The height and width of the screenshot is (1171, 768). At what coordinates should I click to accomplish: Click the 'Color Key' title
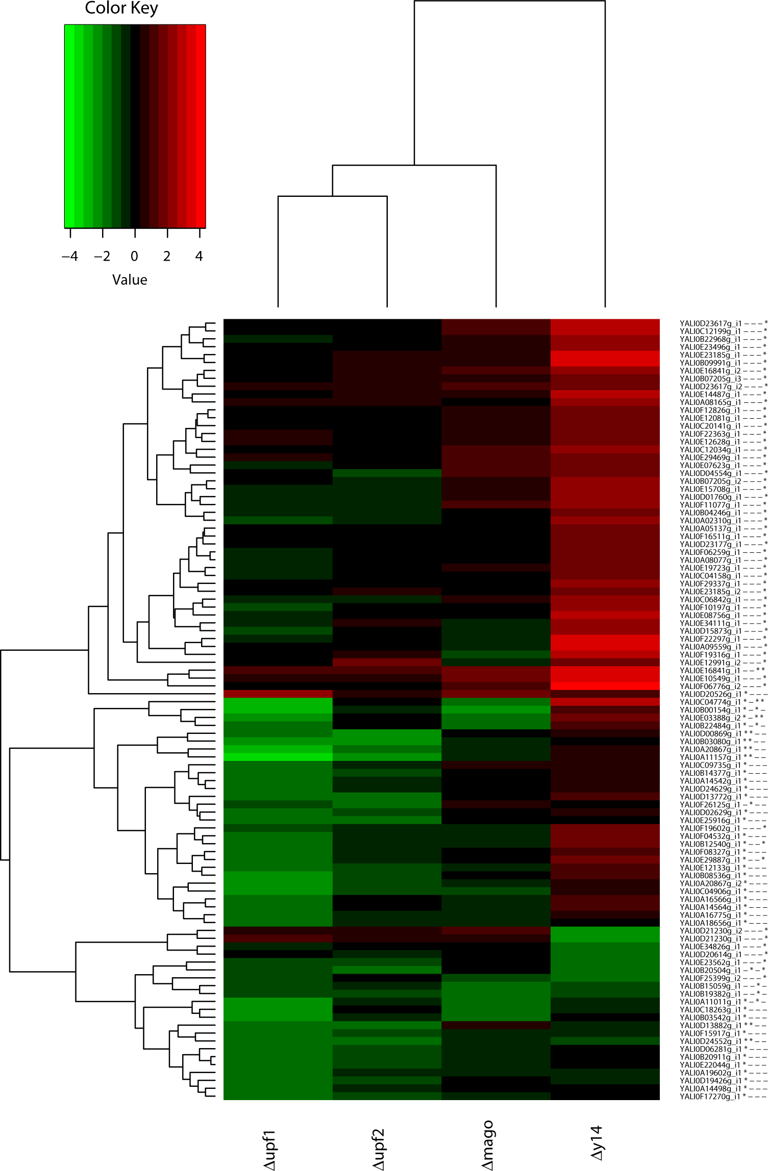(x=121, y=8)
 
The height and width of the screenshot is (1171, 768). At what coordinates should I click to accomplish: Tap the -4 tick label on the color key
(x=70, y=256)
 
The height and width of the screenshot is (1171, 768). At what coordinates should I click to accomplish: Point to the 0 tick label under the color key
(x=134, y=256)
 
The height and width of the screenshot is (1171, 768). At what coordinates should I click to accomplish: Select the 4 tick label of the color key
(x=199, y=256)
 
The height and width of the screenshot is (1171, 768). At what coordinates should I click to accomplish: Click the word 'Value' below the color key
(x=130, y=279)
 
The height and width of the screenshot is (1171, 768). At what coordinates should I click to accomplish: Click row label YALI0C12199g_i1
(x=710, y=331)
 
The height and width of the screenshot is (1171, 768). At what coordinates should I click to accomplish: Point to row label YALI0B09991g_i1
(x=710, y=363)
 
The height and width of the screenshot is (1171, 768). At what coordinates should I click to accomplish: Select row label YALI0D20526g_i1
(x=710, y=694)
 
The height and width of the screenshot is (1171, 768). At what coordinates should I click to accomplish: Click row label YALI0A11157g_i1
(x=710, y=757)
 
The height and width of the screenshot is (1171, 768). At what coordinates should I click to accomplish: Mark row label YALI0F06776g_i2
(x=710, y=686)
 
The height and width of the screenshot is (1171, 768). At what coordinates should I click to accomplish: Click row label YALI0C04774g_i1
(x=710, y=702)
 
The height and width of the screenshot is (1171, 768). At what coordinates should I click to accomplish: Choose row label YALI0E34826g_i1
(x=710, y=946)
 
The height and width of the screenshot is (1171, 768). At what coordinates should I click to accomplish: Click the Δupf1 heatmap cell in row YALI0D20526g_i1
(x=278, y=694)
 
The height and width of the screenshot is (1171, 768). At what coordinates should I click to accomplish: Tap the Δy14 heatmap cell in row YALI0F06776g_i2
(x=605, y=686)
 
